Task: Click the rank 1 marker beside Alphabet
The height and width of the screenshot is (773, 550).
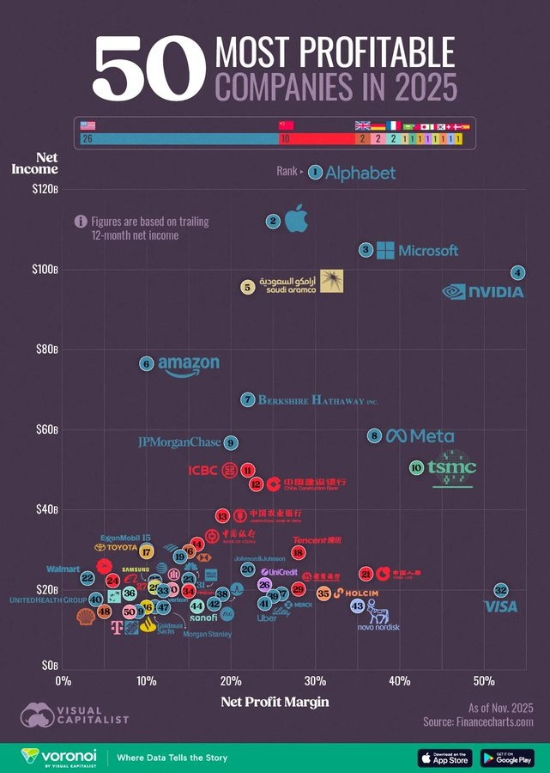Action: (315, 173)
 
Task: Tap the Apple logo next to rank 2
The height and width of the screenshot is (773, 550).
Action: (295, 220)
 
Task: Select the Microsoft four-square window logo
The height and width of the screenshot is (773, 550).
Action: (385, 250)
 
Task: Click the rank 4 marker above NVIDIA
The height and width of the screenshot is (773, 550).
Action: (517, 273)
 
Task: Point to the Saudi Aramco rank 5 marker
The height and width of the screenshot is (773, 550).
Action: (247, 288)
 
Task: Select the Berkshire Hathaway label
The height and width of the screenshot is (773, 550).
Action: (317, 400)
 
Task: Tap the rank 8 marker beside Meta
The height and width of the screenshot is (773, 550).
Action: (374, 436)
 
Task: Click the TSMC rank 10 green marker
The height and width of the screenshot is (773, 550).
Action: (416, 468)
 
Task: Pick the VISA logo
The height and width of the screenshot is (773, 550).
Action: (500, 607)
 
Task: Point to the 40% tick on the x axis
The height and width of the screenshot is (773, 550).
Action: (399, 681)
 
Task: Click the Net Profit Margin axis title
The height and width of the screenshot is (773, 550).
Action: (275, 702)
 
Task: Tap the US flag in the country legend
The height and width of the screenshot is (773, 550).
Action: (88, 125)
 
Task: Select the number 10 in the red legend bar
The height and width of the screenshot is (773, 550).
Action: (284, 138)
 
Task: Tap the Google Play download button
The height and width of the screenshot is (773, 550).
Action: (507, 758)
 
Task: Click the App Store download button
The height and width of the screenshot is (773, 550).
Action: (444, 758)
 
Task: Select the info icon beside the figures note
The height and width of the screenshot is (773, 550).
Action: (81, 222)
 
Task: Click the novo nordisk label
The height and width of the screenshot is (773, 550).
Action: (378, 628)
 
